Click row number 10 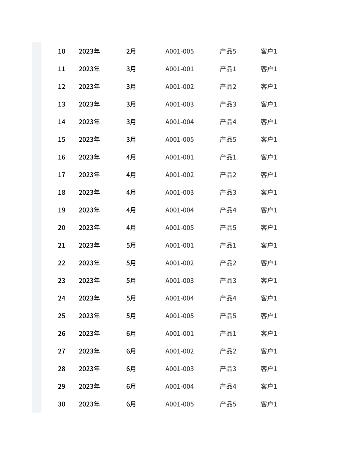(61, 51)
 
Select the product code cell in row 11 (179, 69)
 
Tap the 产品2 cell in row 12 (228, 87)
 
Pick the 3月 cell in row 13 (131, 104)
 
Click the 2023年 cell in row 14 (89, 122)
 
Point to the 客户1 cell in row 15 (269, 139)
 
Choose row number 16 (61, 157)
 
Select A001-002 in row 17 (179, 175)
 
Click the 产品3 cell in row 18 (228, 192)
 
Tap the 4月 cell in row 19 (131, 210)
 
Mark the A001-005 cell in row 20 (179, 228)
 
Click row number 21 (61, 246)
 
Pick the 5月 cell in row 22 (131, 263)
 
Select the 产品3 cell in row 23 (228, 281)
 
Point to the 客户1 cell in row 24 (269, 298)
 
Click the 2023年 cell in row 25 (89, 316)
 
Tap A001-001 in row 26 (179, 334)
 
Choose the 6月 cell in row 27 (131, 351)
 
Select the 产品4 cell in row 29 (228, 386)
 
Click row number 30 (61, 404)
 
